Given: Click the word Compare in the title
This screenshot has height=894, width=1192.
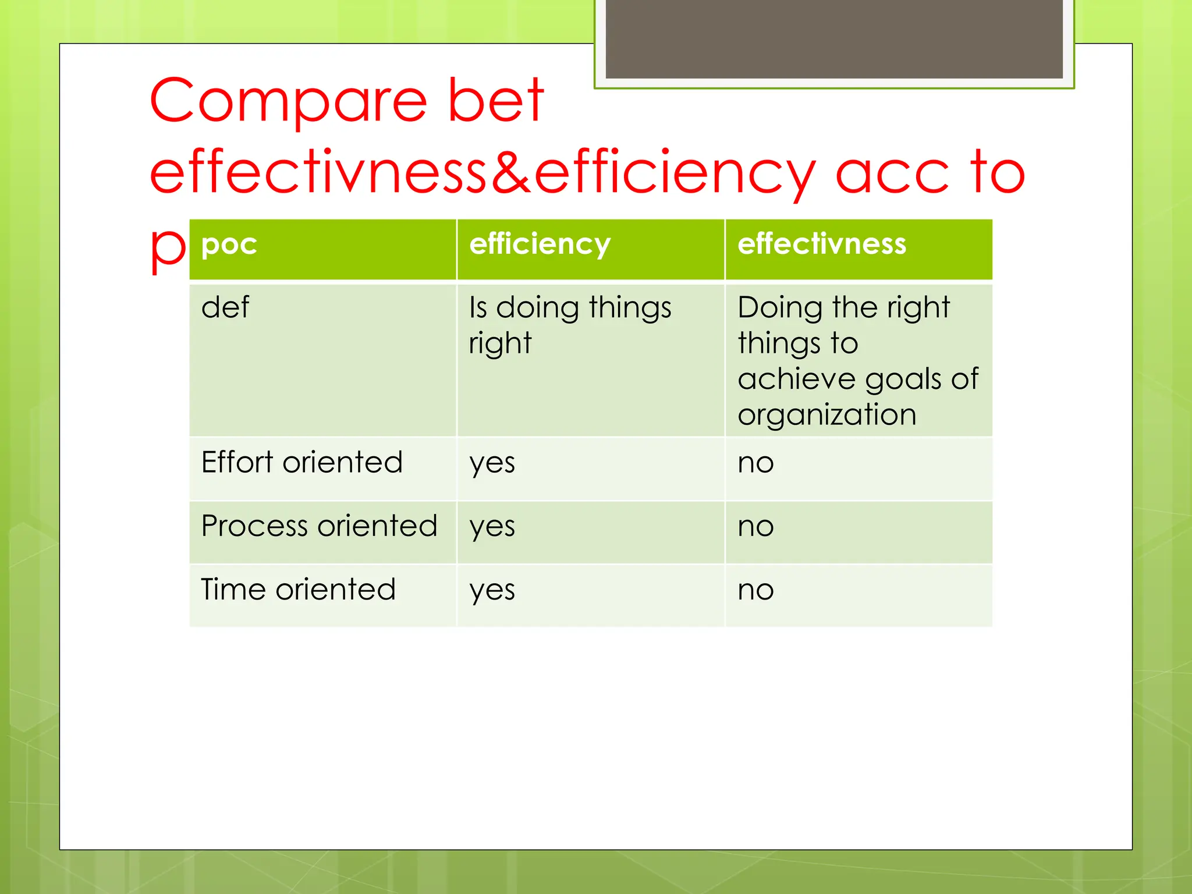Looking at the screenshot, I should (288, 102).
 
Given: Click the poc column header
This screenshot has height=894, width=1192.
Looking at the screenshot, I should (229, 244).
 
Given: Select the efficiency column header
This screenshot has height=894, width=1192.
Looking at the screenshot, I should (540, 244).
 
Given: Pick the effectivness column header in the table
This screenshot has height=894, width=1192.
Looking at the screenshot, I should (822, 244).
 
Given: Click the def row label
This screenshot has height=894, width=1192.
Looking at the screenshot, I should (225, 307).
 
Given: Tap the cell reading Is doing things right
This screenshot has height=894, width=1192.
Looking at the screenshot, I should (570, 324).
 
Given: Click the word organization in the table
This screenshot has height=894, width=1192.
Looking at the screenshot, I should (826, 415).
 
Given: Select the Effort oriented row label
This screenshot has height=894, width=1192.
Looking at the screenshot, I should (301, 463).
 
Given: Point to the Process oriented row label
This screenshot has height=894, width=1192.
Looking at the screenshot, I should (319, 526).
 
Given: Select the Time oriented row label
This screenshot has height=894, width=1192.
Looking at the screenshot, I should (298, 590).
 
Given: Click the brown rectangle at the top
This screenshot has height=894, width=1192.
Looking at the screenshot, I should (833, 38).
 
